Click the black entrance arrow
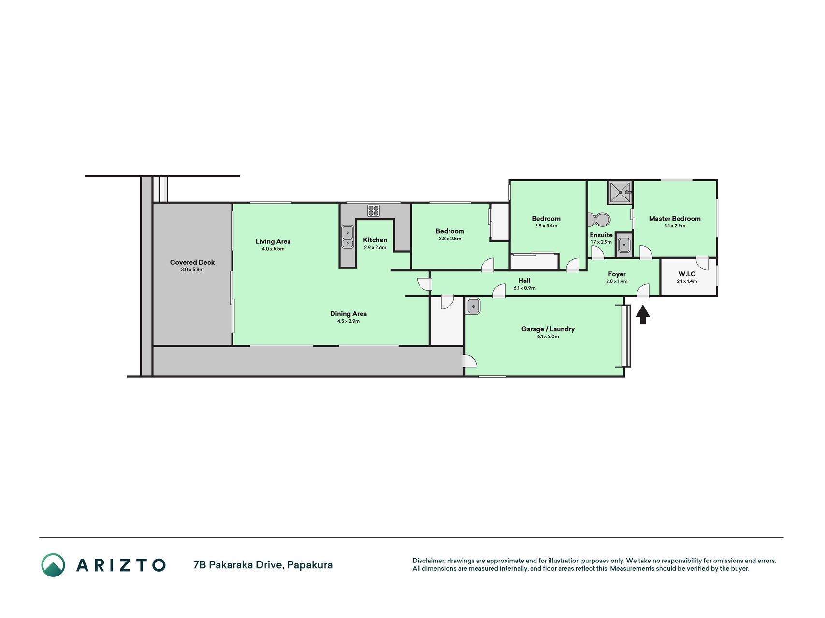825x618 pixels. [643, 315]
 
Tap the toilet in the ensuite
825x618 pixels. [598, 220]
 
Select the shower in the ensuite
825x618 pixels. [620, 193]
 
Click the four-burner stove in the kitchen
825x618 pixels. [373, 211]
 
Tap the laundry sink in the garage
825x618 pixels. [474, 306]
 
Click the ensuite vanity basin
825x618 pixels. [624, 245]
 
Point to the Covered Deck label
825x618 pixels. [192, 262]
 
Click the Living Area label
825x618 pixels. [273, 241]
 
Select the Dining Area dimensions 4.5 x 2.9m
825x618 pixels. [348, 321]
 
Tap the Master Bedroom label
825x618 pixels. [675, 219]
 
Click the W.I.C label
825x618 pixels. [687, 274]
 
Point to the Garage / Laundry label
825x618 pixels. [548, 329]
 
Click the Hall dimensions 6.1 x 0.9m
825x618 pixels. [524, 288]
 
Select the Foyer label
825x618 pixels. [617, 274]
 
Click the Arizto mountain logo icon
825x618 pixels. [53, 565]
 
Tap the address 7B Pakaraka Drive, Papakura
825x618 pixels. [263, 565]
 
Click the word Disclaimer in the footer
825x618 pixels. [428, 561]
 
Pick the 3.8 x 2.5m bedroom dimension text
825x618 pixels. [450, 239]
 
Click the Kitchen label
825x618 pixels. [375, 240]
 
